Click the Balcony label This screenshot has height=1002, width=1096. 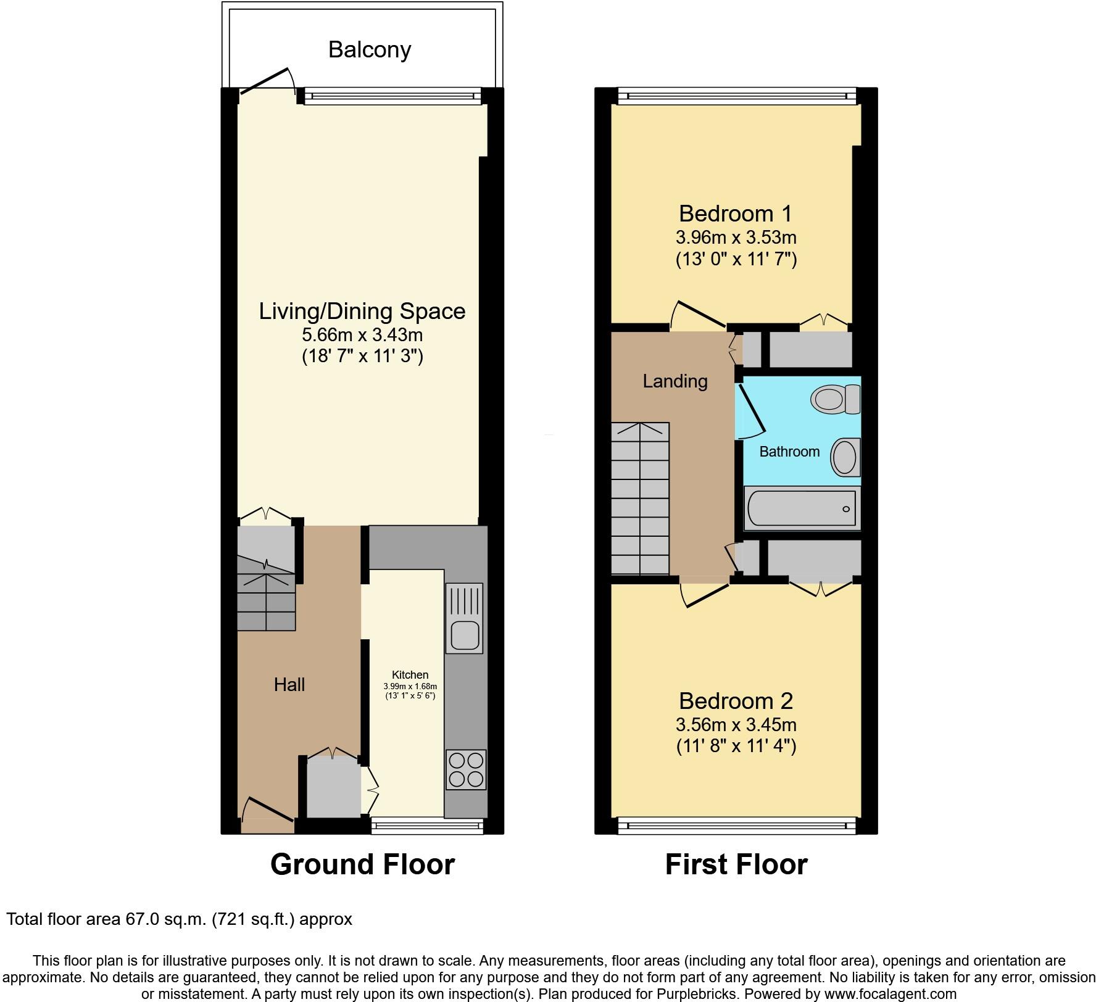point(369,49)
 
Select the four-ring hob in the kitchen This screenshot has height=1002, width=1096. point(466,769)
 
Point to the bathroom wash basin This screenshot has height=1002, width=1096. point(845,458)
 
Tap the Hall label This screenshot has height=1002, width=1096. point(289,684)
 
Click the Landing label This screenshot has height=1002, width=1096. point(675,381)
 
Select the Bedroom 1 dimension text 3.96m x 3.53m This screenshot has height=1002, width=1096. point(736,237)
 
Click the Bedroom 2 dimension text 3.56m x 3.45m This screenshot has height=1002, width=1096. point(736,724)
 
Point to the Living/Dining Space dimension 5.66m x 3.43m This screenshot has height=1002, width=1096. point(362,335)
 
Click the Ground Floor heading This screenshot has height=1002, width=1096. point(362,864)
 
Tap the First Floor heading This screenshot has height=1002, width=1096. point(736,864)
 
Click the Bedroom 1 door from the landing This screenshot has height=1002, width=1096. point(699,314)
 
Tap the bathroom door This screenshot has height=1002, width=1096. point(752,408)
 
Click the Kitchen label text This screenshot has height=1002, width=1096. point(410,675)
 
